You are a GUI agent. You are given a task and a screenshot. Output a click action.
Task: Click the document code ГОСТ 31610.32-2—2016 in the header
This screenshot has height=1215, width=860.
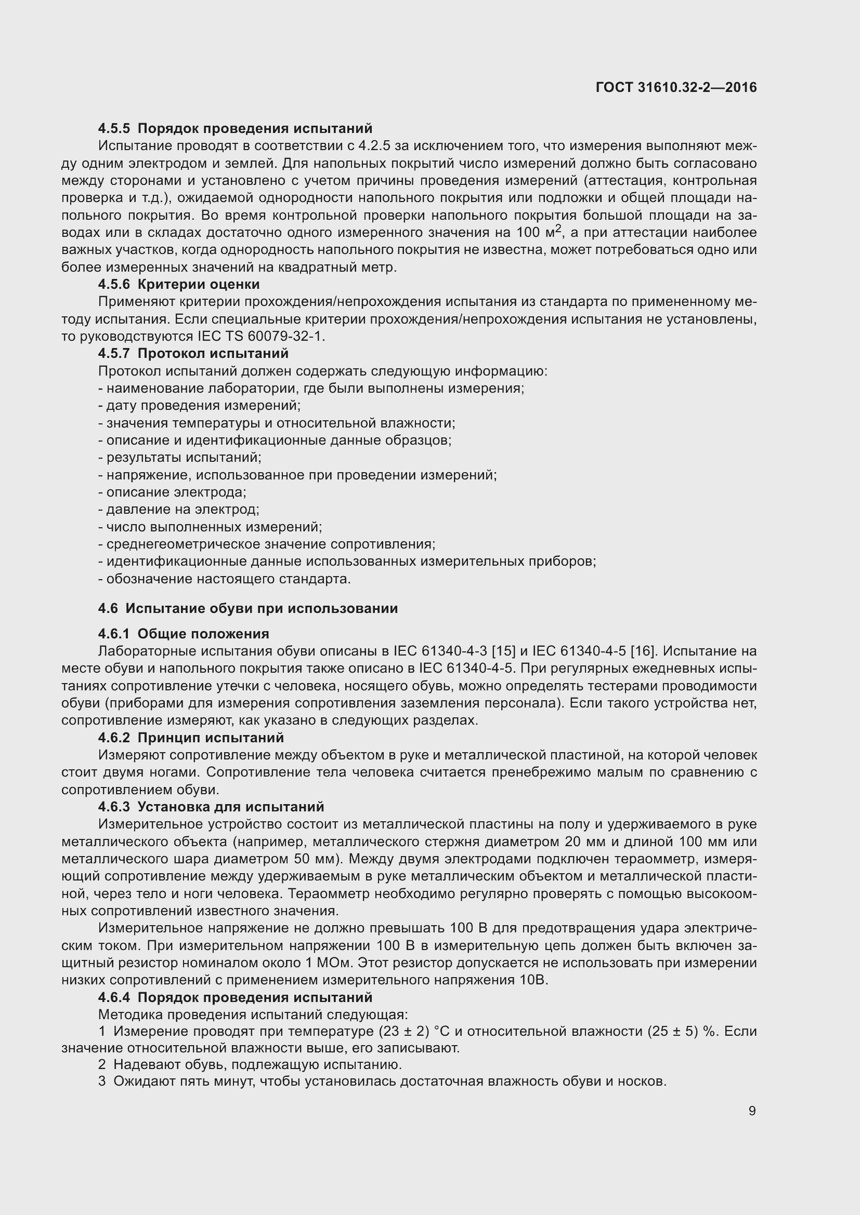676,87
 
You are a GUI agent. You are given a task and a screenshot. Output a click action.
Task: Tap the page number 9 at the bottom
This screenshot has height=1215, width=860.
752,1111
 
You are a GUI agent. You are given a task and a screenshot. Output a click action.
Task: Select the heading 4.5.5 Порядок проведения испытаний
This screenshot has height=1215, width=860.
235,129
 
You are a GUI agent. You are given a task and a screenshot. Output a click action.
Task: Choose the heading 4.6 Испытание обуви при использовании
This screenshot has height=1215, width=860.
248,609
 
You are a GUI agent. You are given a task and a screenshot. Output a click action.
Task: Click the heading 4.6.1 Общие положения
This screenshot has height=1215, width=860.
184,634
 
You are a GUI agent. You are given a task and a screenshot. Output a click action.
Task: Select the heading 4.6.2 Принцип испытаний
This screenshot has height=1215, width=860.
191,738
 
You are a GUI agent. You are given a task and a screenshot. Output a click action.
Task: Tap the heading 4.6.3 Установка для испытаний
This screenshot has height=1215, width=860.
211,807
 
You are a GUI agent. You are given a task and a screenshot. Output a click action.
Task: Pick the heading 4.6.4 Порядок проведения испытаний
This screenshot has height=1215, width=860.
235,997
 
